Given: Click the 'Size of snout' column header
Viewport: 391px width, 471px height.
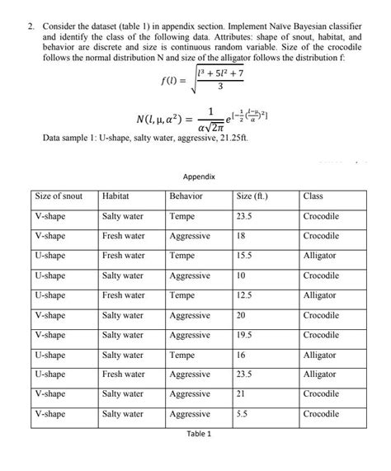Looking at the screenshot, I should [59, 196].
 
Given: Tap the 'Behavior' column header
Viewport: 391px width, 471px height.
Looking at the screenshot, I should [186, 196].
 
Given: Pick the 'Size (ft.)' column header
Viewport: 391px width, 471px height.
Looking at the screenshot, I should [251, 196].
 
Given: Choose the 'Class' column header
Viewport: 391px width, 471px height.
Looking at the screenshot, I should [313, 196].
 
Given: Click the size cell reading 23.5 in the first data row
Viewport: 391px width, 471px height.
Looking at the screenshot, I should [244, 216].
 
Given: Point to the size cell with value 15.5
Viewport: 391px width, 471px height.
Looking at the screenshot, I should [244, 256].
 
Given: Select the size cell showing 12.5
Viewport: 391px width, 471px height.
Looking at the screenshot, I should [244, 295].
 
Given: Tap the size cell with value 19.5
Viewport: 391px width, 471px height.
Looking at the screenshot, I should [244, 335].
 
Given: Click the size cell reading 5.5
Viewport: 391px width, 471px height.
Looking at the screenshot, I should [242, 414].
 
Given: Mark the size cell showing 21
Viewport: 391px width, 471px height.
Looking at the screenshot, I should [241, 394].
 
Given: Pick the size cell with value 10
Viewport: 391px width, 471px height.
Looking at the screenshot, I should [241, 276].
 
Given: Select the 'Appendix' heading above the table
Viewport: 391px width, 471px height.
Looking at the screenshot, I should [200, 177].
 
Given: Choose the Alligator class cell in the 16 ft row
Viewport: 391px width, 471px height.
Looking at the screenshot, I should [320, 355].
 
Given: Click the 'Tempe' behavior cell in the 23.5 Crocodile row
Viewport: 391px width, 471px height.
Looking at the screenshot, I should [182, 216].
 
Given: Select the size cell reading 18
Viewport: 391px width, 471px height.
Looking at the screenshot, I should [241, 236].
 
